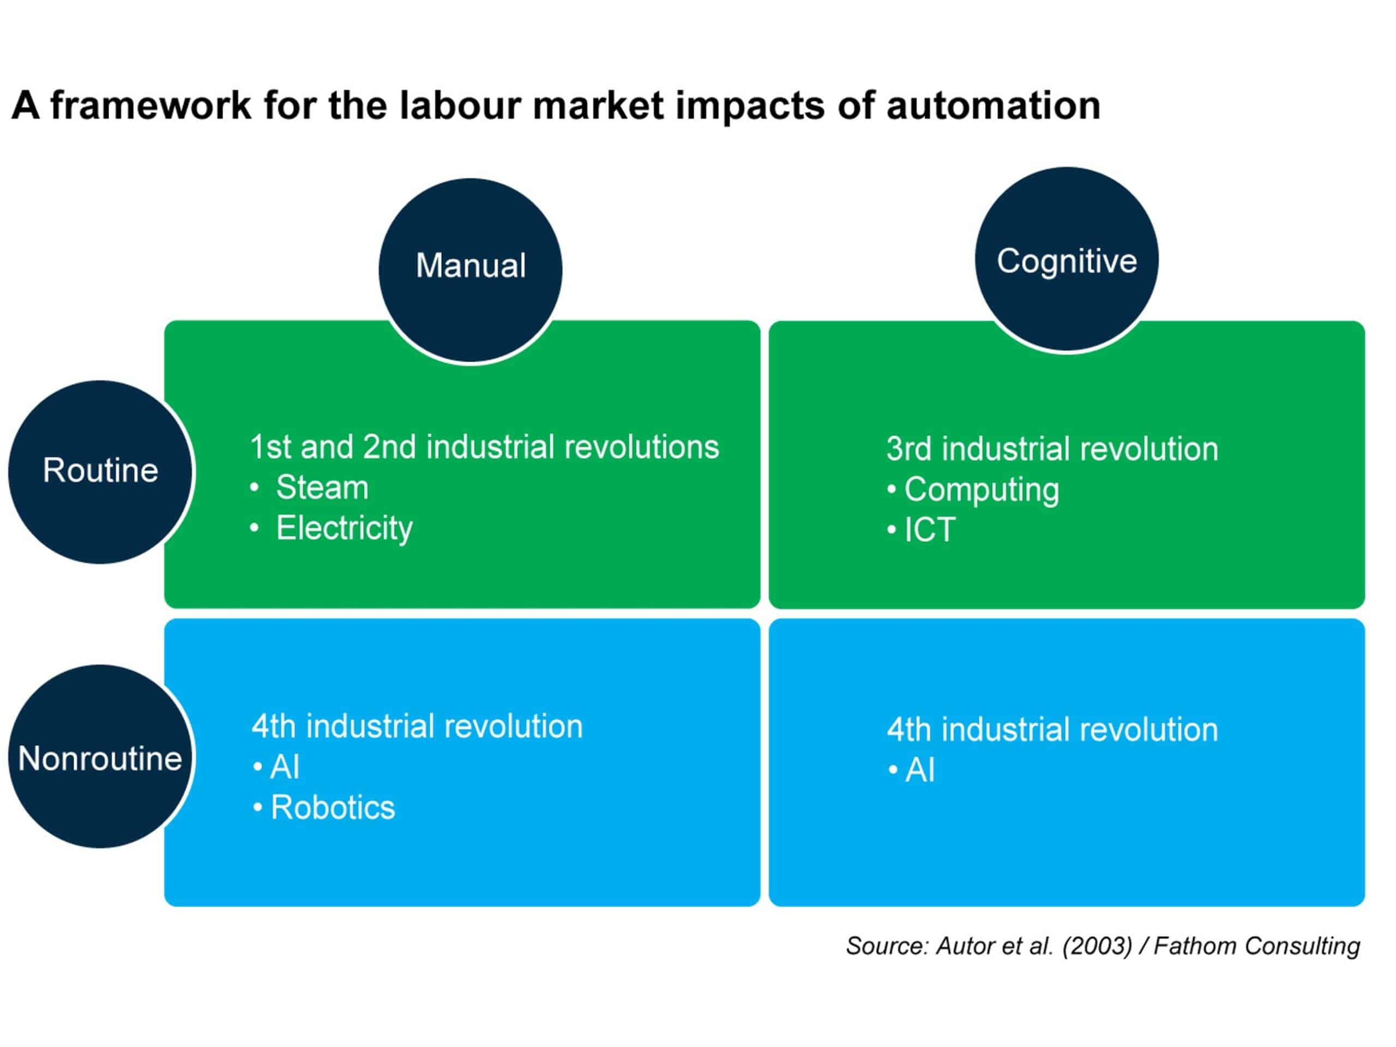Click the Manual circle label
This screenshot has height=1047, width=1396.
[x=470, y=265]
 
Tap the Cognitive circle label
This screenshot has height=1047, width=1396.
[x=1067, y=261]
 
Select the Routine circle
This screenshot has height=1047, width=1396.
[x=100, y=472]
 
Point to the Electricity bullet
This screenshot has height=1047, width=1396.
[x=344, y=528]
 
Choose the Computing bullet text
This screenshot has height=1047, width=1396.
[x=982, y=490]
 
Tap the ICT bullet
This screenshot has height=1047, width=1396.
[x=930, y=529]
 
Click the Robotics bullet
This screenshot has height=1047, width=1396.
[x=333, y=807]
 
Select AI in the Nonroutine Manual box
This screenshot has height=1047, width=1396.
[x=285, y=767]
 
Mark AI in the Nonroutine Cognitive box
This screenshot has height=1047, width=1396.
[x=920, y=770]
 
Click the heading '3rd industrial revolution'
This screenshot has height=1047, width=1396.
[x=1052, y=449]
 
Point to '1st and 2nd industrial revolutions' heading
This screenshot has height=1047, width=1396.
[x=484, y=447]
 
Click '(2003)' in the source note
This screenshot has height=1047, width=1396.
[x=1098, y=946]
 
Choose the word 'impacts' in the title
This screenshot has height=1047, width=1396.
[x=750, y=106]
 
